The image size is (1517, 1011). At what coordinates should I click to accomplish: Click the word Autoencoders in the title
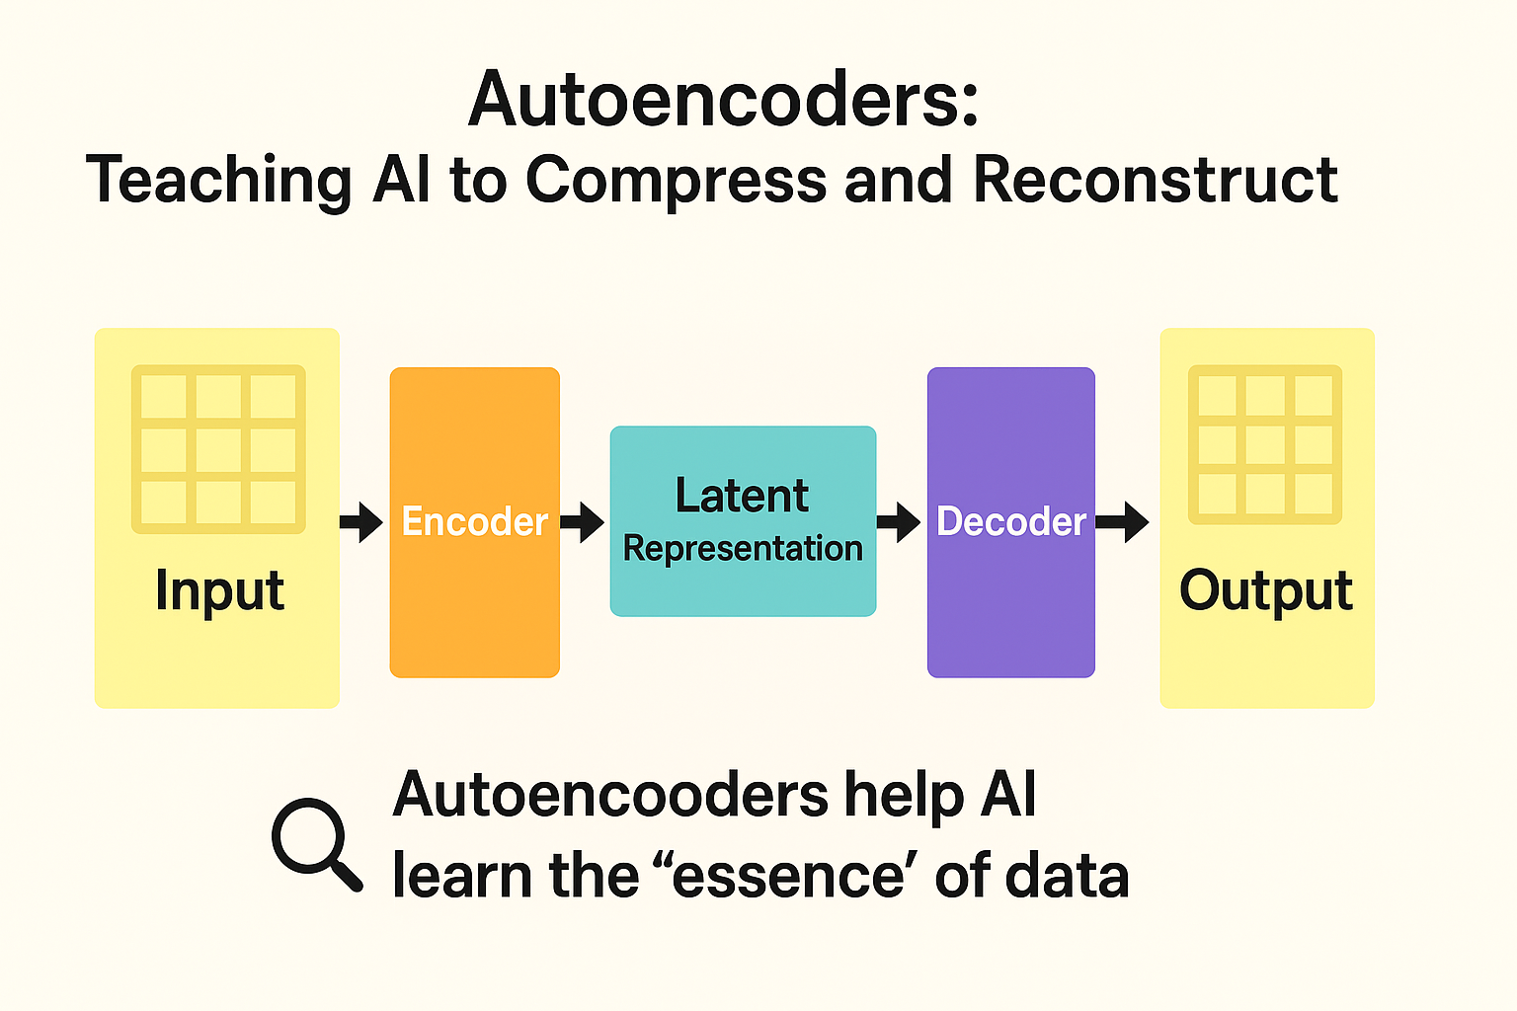(723, 100)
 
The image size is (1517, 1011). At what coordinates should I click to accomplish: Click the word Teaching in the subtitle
(218, 182)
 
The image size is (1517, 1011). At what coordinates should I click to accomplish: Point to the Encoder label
(474, 521)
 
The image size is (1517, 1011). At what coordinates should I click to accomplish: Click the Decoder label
(1010, 521)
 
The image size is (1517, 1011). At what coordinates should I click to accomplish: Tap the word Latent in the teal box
(742, 496)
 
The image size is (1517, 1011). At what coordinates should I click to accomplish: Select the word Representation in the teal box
(743, 548)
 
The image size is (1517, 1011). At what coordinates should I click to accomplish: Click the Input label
(219, 591)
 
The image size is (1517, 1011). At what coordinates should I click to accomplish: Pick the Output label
(1266, 591)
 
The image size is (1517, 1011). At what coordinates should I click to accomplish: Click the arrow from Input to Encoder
(361, 522)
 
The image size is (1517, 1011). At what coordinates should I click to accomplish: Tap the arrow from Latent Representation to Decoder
(899, 522)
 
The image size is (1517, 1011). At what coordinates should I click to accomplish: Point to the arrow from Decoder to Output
(1123, 522)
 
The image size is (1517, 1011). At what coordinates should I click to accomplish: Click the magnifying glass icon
(314, 842)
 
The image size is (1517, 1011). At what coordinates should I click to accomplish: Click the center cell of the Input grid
(218, 449)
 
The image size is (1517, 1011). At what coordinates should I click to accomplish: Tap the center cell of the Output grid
(1265, 444)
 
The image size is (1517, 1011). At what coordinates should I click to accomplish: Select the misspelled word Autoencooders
(610, 795)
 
